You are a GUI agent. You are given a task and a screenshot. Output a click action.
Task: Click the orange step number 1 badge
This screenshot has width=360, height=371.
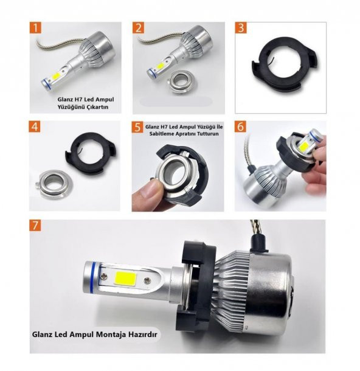[35, 28]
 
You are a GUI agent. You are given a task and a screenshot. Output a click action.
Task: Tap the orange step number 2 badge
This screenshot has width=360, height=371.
[138, 28]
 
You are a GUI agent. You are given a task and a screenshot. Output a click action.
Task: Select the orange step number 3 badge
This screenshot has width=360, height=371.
[241, 28]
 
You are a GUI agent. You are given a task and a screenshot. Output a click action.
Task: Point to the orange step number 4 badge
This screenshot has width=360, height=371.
[35, 127]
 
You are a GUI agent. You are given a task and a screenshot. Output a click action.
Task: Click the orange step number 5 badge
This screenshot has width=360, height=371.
[137, 127]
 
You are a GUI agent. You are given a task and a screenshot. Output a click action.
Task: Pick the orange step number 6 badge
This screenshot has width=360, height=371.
[240, 127]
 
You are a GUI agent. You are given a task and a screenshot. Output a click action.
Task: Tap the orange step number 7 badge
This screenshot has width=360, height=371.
[35, 226]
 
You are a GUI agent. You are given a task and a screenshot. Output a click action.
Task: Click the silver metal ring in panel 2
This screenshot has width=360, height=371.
[180, 81]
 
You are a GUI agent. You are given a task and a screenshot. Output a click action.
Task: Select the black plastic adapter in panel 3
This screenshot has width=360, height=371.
[285, 66]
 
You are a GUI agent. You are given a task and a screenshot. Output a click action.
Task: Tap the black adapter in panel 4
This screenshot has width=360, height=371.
[91, 154]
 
